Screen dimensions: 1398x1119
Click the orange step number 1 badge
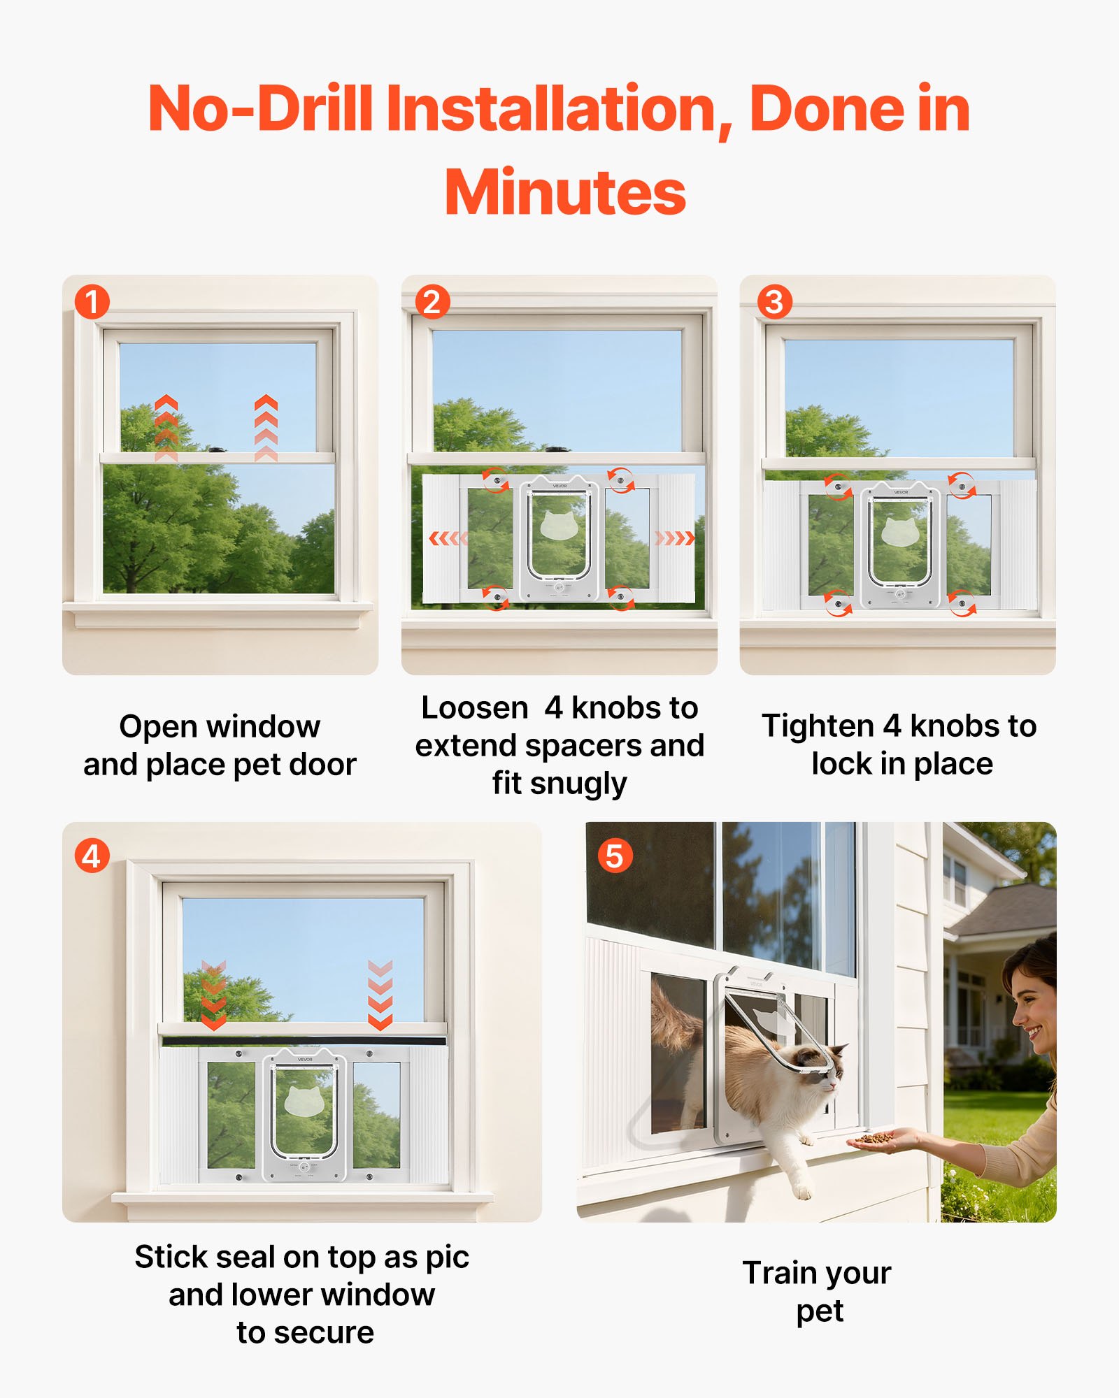92,302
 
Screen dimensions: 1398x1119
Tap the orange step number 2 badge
432,302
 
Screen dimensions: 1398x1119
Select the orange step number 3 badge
774,302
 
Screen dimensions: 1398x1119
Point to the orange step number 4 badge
92,856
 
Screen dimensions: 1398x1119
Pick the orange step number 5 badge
615,856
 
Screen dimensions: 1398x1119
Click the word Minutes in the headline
565,193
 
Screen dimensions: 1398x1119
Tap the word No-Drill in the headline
260,108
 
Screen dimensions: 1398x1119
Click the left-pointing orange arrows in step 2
446,538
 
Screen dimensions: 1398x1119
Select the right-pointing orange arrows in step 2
674,538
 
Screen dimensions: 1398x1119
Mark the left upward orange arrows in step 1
166,426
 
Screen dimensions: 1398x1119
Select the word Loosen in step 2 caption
474,708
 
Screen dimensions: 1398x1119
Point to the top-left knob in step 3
837,486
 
